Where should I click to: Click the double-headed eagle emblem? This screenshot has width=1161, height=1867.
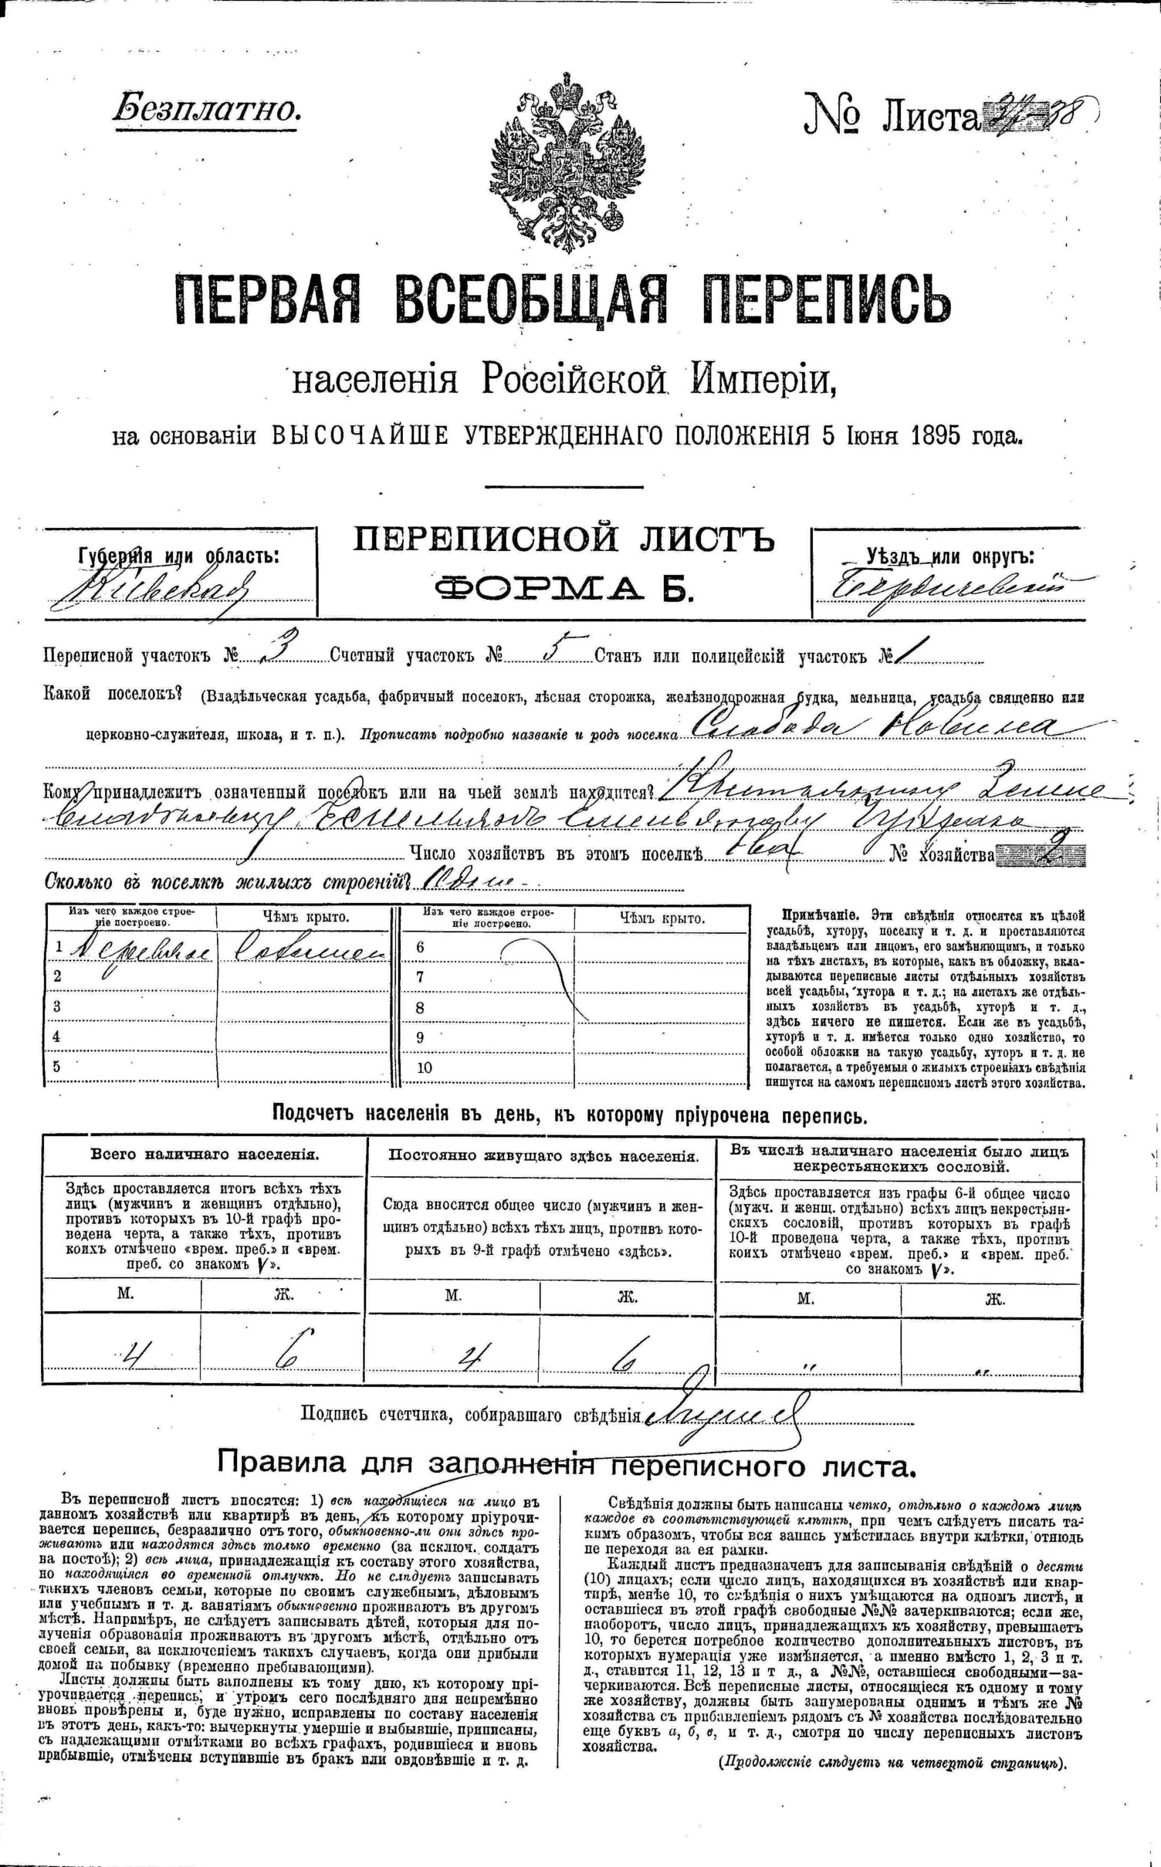[x=566, y=162]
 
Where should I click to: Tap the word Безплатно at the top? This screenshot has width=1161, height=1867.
[x=206, y=110]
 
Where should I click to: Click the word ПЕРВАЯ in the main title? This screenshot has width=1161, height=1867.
[x=269, y=299]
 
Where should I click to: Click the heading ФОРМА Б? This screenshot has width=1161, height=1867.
[x=565, y=590]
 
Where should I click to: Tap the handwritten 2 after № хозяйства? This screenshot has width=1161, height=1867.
[x=1055, y=854]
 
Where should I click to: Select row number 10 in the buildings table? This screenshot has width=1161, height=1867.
[x=425, y=1068]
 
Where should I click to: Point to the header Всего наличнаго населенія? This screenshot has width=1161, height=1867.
[x=205, y=1155]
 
